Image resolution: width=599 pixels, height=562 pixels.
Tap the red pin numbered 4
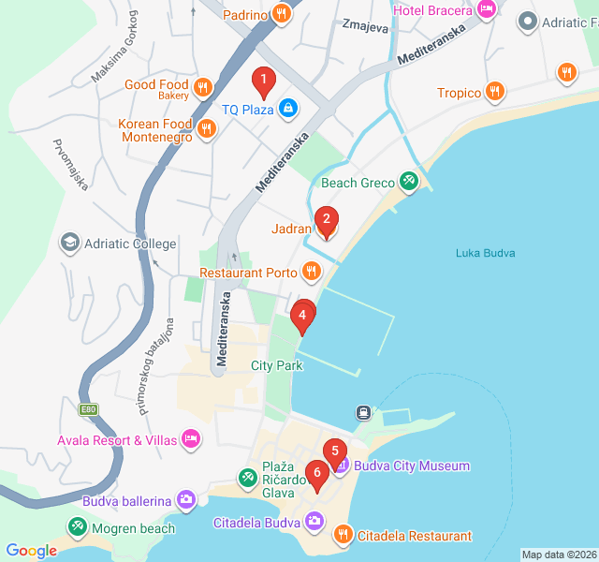301,318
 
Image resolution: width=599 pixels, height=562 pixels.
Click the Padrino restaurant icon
281,14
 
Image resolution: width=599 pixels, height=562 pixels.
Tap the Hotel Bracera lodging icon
486,9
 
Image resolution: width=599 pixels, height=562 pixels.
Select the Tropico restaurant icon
495,92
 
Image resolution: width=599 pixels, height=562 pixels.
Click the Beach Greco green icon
409,182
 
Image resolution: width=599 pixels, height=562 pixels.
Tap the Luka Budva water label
486,253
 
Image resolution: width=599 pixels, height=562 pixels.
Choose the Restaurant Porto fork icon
311,273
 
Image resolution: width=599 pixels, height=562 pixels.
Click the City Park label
276,365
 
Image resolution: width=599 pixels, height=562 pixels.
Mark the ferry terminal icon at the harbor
363,412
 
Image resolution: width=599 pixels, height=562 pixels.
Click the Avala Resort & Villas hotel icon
191,438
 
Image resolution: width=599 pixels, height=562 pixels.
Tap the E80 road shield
89,410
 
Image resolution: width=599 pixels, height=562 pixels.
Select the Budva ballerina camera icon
186,500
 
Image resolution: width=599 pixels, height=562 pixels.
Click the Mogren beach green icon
75,528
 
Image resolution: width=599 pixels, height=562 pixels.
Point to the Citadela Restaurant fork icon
343,535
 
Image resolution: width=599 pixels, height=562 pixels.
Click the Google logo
31,551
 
